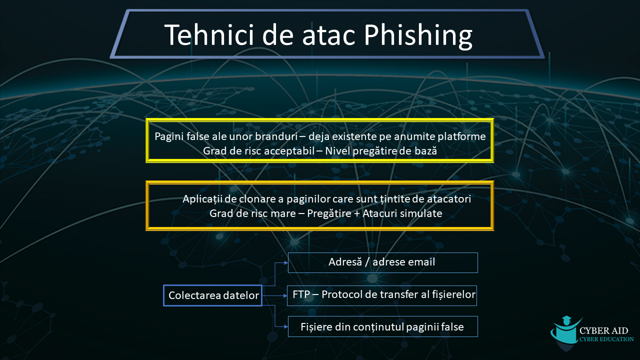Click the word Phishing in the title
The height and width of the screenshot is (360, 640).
[418, 35]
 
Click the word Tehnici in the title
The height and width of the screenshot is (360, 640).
[209, 34]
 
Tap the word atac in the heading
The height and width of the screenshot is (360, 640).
[328, 35]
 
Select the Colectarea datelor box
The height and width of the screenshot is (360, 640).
[213, 295]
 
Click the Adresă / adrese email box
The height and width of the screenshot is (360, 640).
[383, 262]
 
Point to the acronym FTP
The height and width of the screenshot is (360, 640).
[301, 294]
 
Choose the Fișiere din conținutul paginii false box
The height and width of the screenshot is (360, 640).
[383, 326]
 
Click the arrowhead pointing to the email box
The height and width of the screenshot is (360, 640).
[285, 263]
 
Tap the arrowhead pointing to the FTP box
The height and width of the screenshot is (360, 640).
[285, 295]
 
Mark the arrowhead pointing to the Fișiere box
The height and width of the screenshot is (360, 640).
[285, 326]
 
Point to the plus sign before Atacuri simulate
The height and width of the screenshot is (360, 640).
[357, 213]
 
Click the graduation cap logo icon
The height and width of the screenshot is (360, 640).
[565, 331]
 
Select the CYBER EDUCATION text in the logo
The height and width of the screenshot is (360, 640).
[606, 339]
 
